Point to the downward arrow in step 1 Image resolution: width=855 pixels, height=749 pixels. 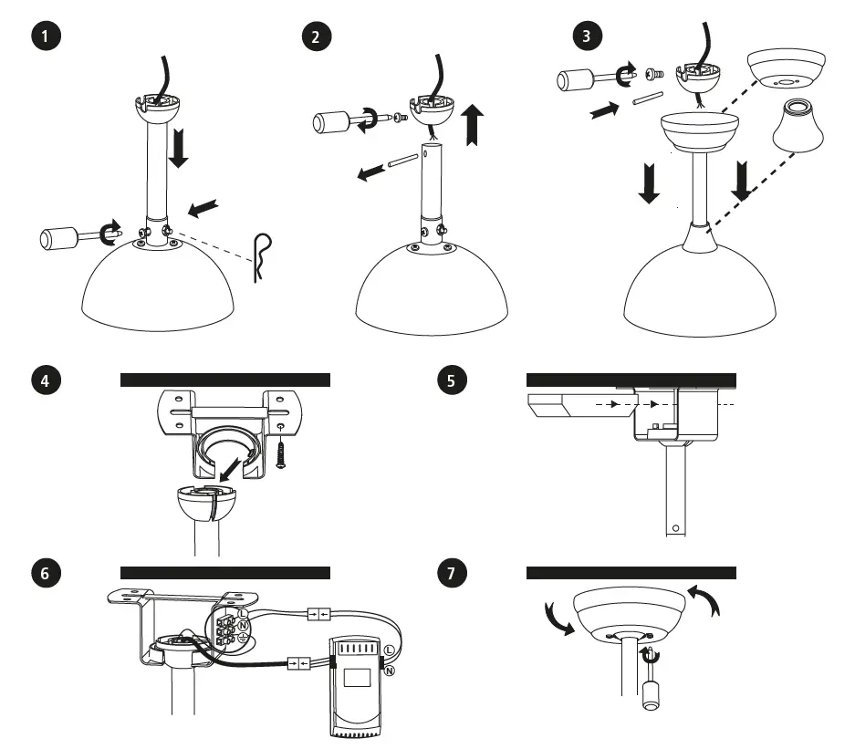click(179, 147)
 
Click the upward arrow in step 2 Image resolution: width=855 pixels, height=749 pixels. click(473, 125)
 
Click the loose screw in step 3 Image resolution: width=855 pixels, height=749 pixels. click(653, 72)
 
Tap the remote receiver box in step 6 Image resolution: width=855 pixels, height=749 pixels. click(357, 686)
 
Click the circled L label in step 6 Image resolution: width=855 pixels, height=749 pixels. click(390, 650)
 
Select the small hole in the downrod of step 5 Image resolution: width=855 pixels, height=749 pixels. click(674, 527)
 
